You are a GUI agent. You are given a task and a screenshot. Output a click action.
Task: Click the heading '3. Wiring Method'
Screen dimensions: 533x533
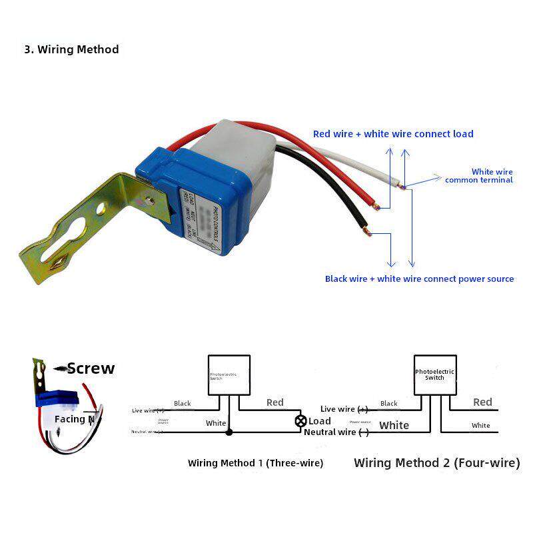(x=71, y=49)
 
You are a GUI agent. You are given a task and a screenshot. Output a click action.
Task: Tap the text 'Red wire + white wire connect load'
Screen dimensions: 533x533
(x=393, y=134)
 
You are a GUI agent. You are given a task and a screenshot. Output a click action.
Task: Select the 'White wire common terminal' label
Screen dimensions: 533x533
(x=479, y=176)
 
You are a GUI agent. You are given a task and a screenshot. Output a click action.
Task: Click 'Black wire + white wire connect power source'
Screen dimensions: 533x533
(x=419, y=278)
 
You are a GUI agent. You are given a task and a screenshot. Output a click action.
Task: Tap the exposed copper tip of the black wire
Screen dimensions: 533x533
(x=366, y=231)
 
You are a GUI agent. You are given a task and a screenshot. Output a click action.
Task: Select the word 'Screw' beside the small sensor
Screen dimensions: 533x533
(x=91, y=368)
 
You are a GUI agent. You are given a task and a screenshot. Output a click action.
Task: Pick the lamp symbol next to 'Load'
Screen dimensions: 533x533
(x=300, y=421)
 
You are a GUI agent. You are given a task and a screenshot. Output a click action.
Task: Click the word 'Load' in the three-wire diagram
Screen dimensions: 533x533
(x=320, y=421)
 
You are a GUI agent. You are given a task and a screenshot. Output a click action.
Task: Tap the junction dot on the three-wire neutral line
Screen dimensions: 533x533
(x=229, y=432)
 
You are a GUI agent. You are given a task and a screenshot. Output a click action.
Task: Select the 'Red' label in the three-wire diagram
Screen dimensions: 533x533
(x=274, y=402)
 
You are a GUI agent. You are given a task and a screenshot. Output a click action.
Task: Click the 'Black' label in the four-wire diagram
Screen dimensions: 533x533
(x=389, y=403)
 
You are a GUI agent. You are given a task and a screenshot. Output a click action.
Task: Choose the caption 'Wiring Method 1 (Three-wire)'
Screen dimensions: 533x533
(x=255, y=463)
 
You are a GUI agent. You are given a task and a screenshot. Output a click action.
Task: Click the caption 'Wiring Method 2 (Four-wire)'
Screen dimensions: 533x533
(x=436, y=462)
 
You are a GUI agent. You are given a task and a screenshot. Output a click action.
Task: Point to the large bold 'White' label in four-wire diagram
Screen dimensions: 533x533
(x=394, y=425)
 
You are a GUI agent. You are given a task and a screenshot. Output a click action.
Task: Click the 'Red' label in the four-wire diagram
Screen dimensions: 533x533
(x=482, y=402)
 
